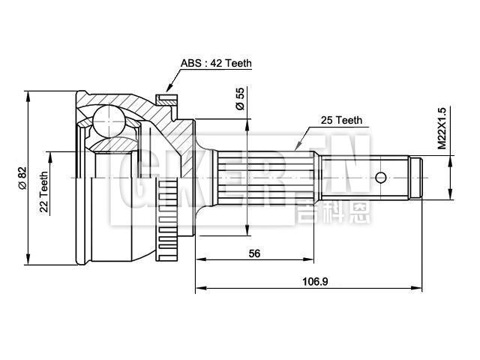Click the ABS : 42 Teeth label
[x=216, y=64]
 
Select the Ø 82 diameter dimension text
[x=22, y=177]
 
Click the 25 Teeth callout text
[x=340, y=120]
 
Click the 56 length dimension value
[x=254, y=253]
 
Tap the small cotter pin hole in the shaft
[x=381, y=178]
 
